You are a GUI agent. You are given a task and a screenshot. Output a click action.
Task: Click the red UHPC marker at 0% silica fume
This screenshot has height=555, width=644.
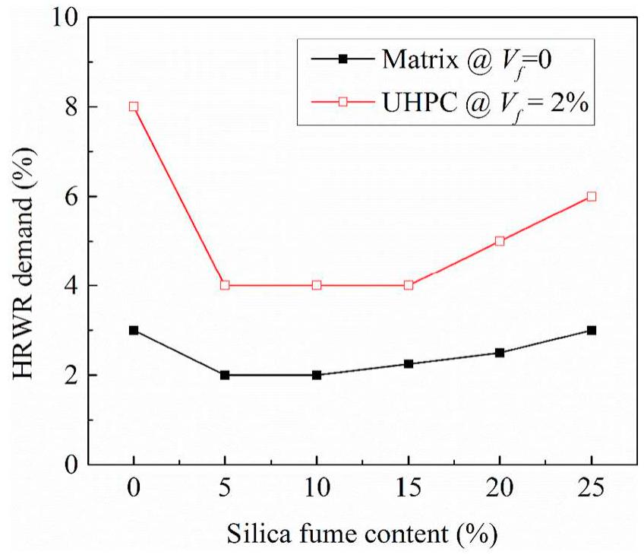[x=134, y=106]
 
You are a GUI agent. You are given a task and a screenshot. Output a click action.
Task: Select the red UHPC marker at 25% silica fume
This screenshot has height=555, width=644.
[x=592, y=196]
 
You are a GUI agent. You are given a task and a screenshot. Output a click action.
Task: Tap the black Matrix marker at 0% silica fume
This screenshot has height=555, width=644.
[x=134, y=330]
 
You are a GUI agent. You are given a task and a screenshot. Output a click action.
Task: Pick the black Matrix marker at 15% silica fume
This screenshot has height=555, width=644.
[x=409, y=363]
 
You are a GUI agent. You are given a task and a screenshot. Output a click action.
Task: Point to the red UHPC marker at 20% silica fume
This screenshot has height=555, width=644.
[x=500, y=241]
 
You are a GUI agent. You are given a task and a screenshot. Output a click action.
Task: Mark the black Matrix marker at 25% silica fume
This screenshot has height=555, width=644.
[x=592, y=330]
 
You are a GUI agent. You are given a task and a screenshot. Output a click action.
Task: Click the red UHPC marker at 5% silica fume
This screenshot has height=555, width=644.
[x=225, y=285]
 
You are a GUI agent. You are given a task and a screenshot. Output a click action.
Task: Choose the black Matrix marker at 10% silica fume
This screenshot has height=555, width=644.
[x=317, y=375]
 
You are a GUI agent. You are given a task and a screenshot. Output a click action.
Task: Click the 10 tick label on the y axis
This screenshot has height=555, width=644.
[x=68, y=17]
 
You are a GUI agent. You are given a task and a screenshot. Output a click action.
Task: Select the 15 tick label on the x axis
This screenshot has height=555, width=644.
[x=409, y=487]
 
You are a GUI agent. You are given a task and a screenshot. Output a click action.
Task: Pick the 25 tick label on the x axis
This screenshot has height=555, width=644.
[x=592, y=487]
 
